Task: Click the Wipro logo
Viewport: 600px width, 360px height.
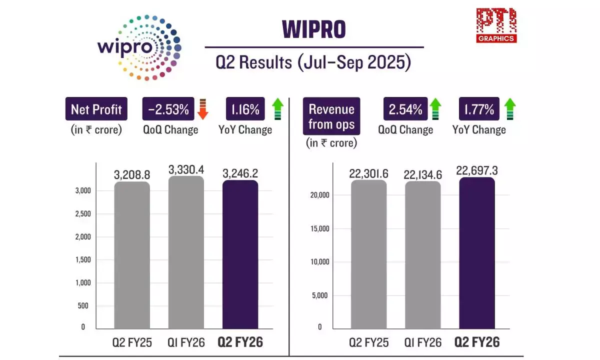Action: coord(138,47)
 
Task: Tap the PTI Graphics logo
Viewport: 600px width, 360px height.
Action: coord(496,25)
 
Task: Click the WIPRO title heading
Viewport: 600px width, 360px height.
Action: coord(314,29)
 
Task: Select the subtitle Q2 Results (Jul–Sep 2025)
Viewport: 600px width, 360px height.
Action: coord(313,62)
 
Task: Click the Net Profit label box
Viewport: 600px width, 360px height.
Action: coord(96,109)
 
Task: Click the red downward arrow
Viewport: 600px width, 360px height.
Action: coord(202,109)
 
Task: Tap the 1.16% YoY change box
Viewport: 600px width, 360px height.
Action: coord(245,109)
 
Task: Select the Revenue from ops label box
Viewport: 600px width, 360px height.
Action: coord(331,116)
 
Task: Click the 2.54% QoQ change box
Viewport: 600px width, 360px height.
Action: coord(405,109)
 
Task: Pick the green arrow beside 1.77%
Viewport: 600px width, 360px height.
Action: coord(510,109)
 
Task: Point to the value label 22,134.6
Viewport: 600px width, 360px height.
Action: coord(422,174)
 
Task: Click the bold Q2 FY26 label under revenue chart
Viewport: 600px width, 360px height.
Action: coord(476,342)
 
